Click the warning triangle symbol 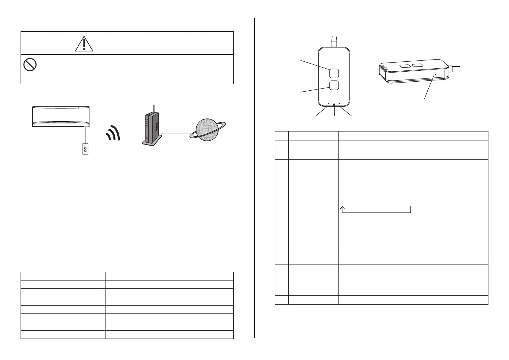coord(84,44)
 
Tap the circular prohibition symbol coord(30,65)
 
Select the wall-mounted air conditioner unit coord(61,117)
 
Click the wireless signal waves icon coord(114,133)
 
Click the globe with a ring coord(207,130)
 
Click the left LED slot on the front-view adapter coord(329,105)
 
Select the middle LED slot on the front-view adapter coord(334,105)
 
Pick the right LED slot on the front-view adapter coord(339,105)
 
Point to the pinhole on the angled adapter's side coord(435,74)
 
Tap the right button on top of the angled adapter coord(418,65)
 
